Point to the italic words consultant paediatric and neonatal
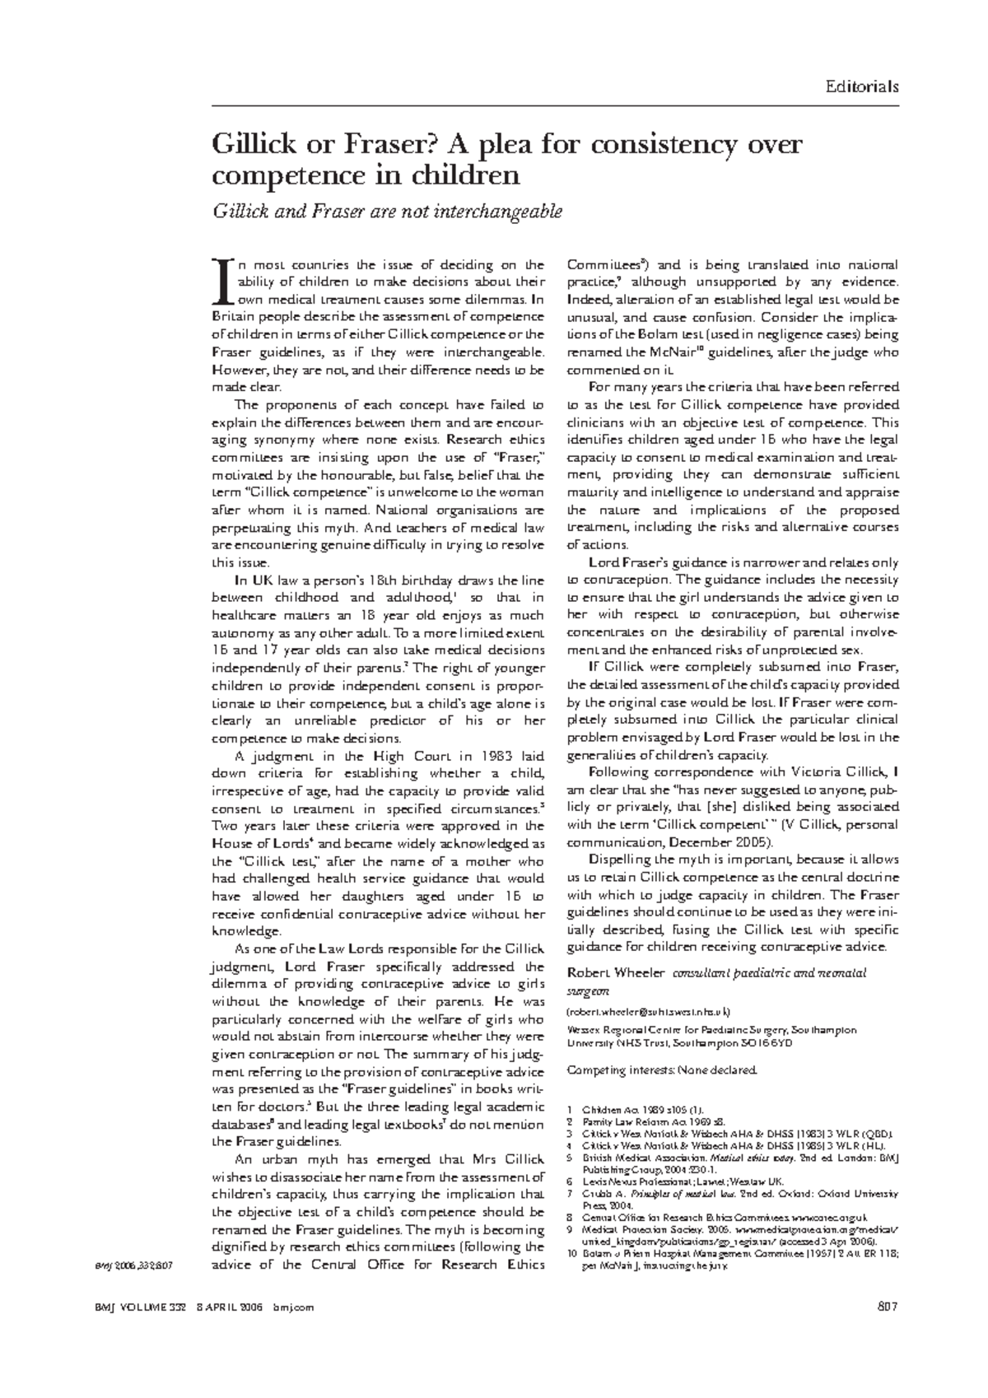pyautogui.click(x=770, y=973)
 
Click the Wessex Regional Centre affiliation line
pyautogui.click(x=712, y=1030)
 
